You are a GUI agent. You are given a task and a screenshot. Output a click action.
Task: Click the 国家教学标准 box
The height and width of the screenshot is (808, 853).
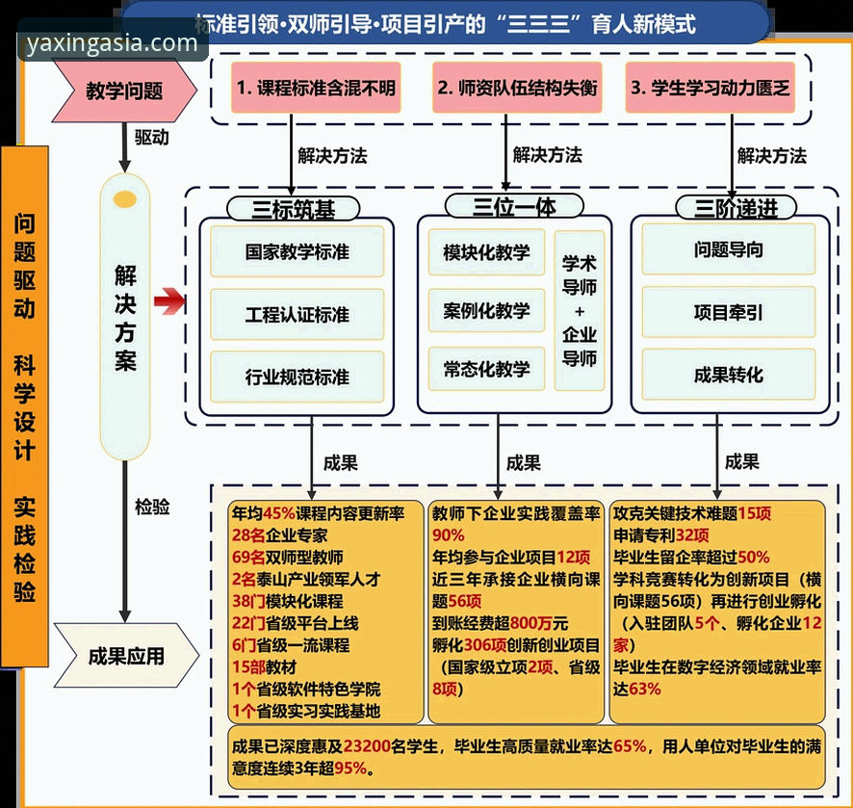297,252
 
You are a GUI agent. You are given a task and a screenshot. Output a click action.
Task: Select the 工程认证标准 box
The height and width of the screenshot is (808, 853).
297,315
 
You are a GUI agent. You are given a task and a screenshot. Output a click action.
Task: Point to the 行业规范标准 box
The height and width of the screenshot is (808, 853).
297,377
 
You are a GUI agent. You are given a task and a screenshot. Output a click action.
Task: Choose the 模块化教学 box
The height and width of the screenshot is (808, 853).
486,252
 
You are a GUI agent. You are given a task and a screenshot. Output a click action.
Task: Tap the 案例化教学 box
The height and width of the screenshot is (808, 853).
486,311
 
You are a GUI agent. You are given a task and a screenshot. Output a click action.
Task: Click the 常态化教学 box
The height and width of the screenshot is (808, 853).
486,369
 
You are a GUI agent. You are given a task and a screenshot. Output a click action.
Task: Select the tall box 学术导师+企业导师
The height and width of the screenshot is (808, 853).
580,310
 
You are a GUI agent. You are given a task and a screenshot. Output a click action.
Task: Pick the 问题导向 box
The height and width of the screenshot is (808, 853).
728,249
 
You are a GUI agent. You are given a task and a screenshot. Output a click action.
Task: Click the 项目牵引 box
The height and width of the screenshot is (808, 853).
728,312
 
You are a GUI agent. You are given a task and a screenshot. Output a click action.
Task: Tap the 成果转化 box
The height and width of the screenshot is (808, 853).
728,375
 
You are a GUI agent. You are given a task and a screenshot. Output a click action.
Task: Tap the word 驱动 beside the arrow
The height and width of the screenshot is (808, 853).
151,138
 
